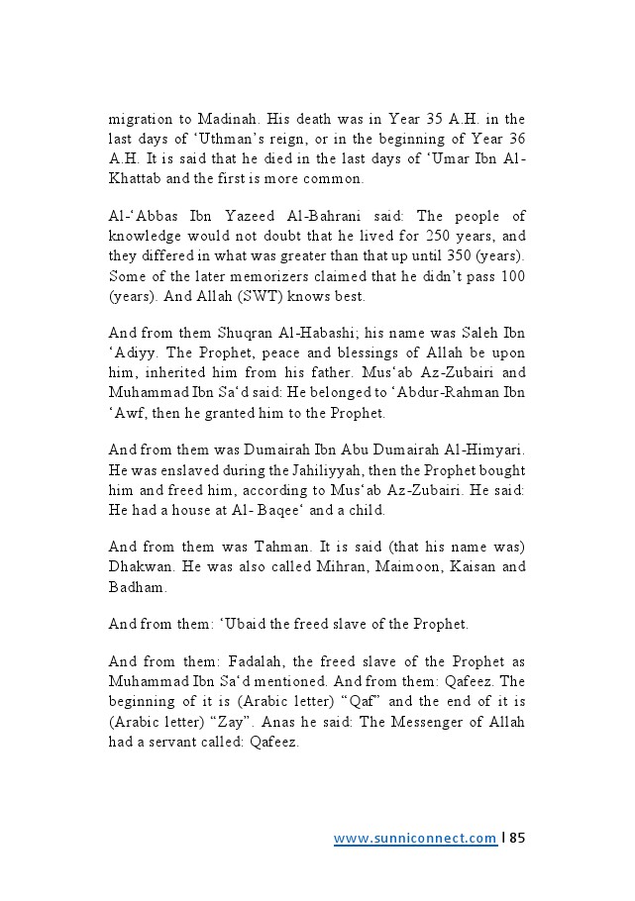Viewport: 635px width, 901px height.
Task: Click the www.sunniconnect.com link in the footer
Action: [415, 839]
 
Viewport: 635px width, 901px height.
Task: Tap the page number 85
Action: [516, 839]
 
